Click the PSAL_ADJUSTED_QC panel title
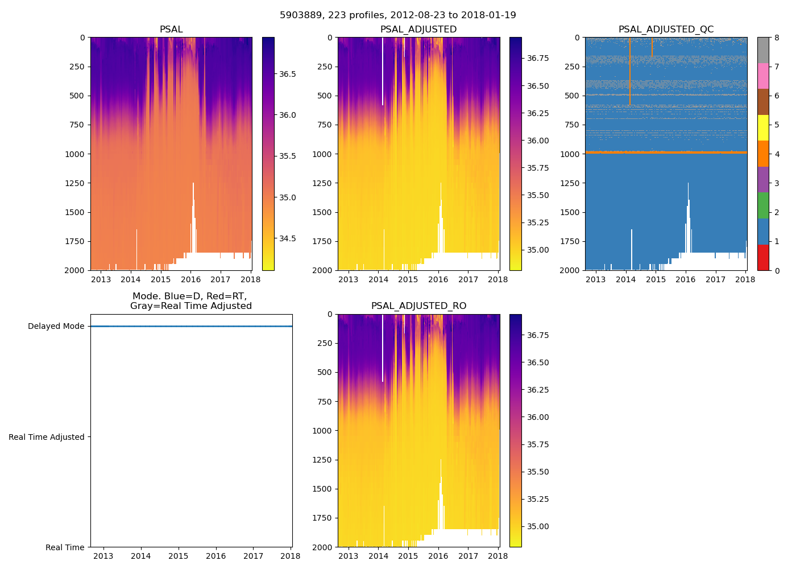(666, 30)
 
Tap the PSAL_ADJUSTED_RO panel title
(418, 306)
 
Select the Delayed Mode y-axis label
(56, 327)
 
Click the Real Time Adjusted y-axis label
(47, 437)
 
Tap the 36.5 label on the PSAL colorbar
(287, 74)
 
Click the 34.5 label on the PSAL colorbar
(287, 238)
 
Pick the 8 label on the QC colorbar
(777, 38)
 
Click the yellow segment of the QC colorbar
(763, 127)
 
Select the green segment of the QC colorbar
(763, 205)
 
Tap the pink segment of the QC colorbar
(763, 76)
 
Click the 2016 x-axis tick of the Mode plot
(215, 556)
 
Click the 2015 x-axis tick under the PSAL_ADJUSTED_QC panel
(656, 279)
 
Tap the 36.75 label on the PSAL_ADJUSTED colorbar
(538, 58)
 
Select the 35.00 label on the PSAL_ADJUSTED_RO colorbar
(538, 526)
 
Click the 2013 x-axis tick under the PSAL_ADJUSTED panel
(348, 279)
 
